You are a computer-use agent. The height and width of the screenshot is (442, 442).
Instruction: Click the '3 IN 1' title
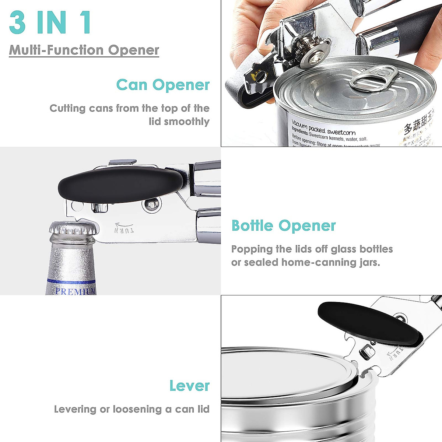tap(50, 23)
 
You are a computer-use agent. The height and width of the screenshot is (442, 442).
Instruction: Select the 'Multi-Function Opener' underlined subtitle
tap(84, 50)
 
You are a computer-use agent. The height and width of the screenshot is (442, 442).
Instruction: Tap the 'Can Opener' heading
tap(163, 85)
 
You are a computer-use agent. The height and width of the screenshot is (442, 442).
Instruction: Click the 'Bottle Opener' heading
tap(283, 225)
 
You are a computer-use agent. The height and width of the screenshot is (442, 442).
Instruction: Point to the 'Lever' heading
tap(189, 386)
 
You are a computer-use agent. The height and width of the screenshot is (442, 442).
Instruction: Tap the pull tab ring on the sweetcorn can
tap(373, 77)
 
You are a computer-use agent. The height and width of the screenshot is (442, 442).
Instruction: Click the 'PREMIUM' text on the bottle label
tap(75, 291)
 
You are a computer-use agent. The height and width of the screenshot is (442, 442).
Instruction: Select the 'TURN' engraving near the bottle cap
tap(124, 228)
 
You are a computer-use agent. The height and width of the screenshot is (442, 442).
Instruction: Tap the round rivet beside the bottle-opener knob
tap(151, 205)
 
